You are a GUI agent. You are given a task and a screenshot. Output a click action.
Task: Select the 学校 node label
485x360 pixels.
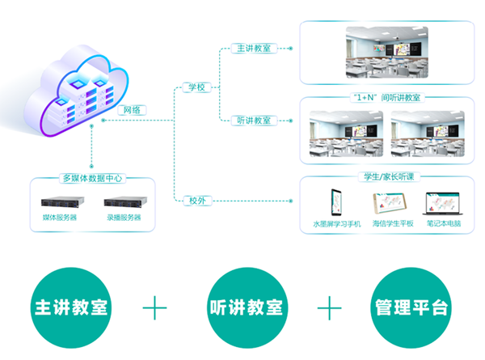(196, 87)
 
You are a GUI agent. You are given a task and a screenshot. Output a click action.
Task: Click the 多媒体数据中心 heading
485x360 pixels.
(93, 179)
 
